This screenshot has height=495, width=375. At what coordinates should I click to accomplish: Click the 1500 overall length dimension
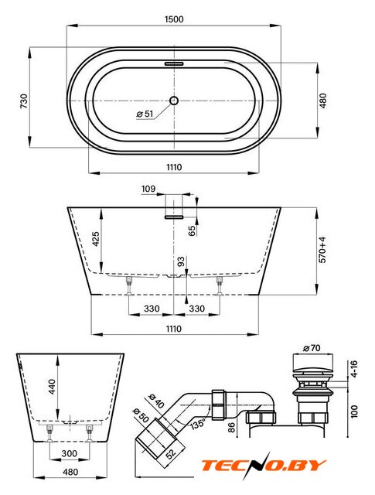[x=174, y=19]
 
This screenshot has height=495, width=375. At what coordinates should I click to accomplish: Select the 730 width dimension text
[x=24, y=101]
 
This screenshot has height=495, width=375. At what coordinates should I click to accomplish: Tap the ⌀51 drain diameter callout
[x=145, y=114]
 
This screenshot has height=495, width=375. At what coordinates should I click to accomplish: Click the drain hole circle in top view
[x=174, y=101]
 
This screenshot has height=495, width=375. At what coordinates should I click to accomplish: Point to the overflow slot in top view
[x=174, y=63]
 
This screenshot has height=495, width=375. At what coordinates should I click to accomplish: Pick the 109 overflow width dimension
[x=148, y=189]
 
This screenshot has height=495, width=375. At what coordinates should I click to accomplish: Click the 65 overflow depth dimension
[x=192, y=230]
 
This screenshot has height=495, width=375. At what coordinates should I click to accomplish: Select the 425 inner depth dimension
[x=96, y=239]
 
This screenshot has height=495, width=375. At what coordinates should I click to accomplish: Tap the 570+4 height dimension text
[x=322, y=250]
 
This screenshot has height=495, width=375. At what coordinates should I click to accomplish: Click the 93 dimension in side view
[x=181, y=261]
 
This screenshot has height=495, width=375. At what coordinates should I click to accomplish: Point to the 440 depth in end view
[x=52, y=387]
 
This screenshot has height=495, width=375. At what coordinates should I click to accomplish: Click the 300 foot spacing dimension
[x=69, y=454]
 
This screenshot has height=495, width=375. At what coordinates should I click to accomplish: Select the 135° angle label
[x=198, y=423]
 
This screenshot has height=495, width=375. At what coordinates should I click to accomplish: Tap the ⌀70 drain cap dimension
[x=312, y=348]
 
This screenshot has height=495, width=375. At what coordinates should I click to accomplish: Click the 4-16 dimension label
[x=354, y=369]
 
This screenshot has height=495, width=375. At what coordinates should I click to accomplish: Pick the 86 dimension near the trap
[x=231, y=428]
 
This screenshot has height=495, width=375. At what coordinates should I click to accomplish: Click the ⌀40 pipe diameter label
[x=156, y=401]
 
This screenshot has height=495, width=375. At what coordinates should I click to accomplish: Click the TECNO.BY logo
[x=263, y=464]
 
